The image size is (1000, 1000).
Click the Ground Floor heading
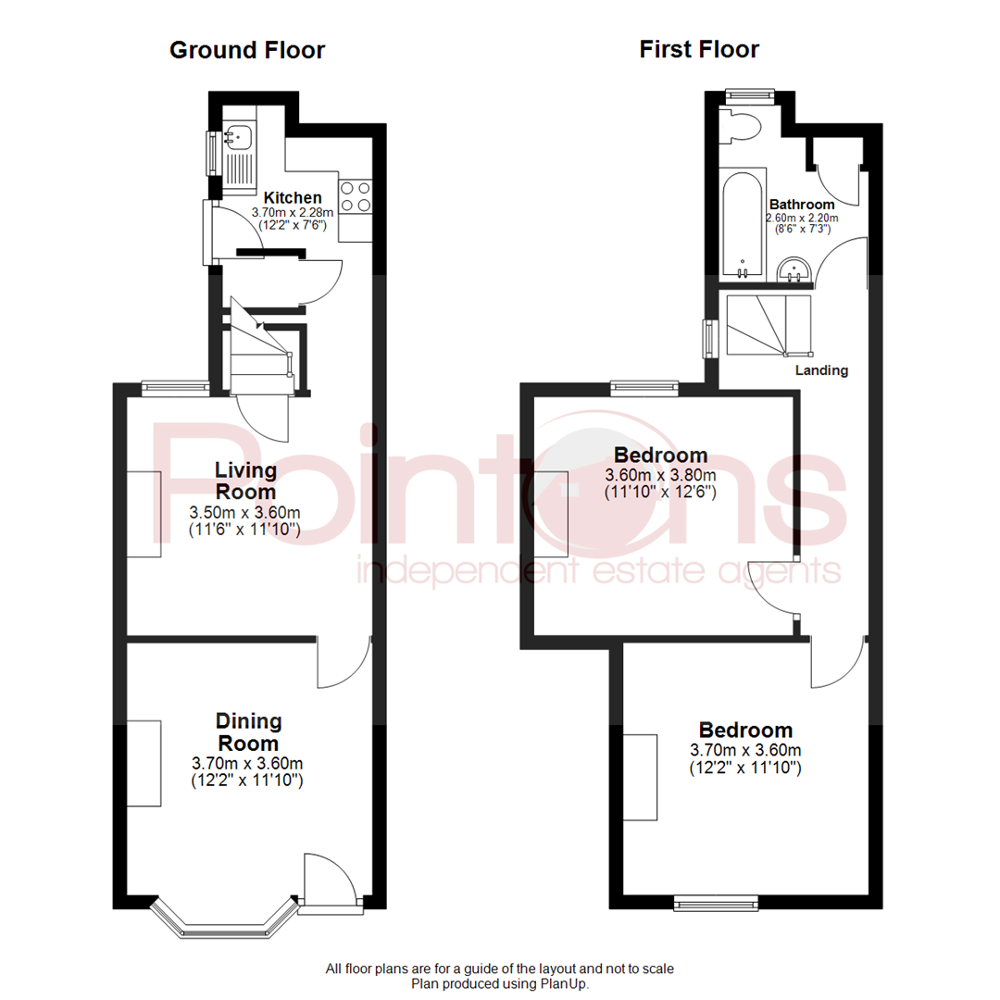pyautogui.click(x=246, y=50)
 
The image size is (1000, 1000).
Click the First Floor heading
pyautogui.click(x=699, y=49)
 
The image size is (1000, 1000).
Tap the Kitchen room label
pyautogui.click(x=293, y=197)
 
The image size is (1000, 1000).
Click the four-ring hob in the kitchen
pyautogui.click(x=356, y=197)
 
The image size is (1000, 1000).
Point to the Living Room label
pyautogui.click(x=246, y=481)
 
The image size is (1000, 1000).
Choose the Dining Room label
pyautogui.click(x=248, y=731)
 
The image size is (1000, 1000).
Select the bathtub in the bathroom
pyautogui.click(x=743, y=224)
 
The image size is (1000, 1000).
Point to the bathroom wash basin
pyautogui.click(x=794, y=269)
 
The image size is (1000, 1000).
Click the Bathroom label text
pyautogui.click(x=802, y=205)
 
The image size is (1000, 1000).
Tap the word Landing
pyautogui.click(x=822, y=370)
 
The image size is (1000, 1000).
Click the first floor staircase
pyautogui.click(x=769, y=325)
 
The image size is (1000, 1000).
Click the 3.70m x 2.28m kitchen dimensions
pyautogui.click(x=293, y=212)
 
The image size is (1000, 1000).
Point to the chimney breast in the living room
pyautogui.click(x=144, y=513)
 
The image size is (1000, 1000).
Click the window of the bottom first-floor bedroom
pyautogui.click(x=716, y=898)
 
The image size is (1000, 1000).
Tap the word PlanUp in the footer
pyautogui.click(x=564, y=984)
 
